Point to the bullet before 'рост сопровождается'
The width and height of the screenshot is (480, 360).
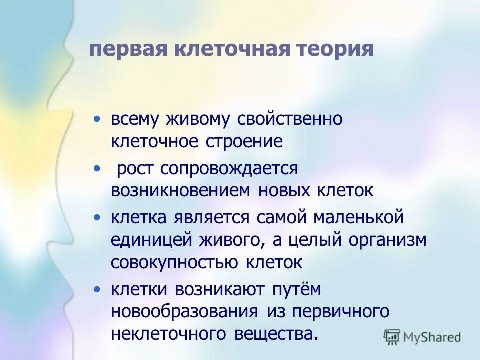(97, 169)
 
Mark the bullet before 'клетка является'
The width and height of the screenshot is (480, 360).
(97, 218)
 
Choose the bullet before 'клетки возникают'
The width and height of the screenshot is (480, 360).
(97, 289)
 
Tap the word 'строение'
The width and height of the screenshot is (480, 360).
(244, 142)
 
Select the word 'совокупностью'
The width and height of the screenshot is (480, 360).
(174, 262)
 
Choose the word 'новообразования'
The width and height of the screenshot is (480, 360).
(185, 311)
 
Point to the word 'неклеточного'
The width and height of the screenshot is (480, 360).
(167, 333)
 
